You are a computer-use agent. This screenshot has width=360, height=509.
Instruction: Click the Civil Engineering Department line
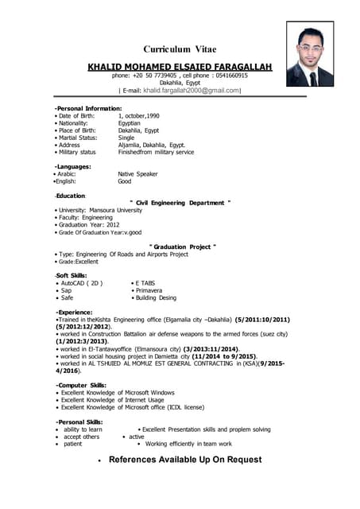click(x=180, y=203)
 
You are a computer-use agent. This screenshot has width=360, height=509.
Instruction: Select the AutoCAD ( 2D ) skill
click(x=82, y=282)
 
